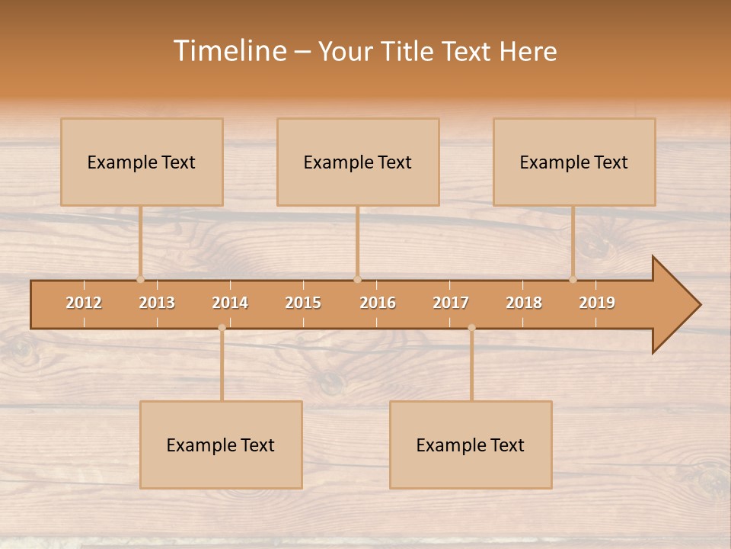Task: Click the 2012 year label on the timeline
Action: coord(84,303)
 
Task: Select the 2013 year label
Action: coord(157,303)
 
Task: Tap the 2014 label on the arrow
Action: coord(230,303)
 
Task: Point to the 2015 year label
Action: coord(303,303)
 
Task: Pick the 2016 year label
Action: coord(378,303)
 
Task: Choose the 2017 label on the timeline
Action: coord(451,303)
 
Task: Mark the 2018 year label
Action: coord(524,303)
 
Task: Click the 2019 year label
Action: coord(597,303)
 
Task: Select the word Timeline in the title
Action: coord(228,51)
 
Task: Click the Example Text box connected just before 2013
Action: coord(142,162)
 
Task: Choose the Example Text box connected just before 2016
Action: coord(358,162)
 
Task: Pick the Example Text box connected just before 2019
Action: coord(574,162)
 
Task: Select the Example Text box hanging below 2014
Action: coord(221,445)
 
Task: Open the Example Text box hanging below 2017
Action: coord(471,445)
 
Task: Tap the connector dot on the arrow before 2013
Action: coord(140,279)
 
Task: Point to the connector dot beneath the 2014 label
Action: coord(222,327)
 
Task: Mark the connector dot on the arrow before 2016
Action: coord(357,279)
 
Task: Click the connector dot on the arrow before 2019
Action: coord(573,279)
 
